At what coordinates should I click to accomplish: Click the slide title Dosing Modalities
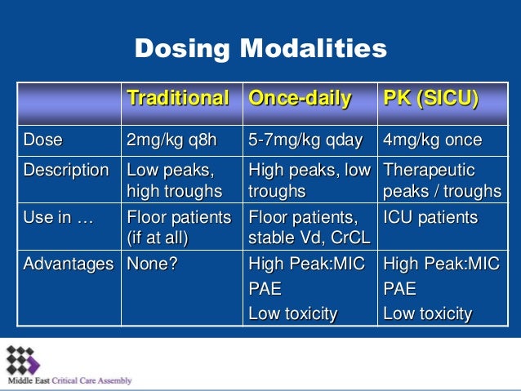pyautogui.click(x=260, y=49)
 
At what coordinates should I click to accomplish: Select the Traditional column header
pyautogui.click(x=177, y=100)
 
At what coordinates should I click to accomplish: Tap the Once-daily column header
pyautogui.click(x=300, y=100)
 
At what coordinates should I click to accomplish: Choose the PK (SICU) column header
pyautogui.click(x=430, y=100)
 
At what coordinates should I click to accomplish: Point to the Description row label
pyautogui.click(x=66, y=171)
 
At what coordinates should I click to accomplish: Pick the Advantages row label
pyautogui.click(x=68, y=264)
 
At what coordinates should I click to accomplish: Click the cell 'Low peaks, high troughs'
pyautogui.click(x=174, y=180)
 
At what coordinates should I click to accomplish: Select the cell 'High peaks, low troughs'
pyautogui.click(x=308, y=180)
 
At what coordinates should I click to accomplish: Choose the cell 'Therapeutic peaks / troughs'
pyautogui.click(x=442, y=180)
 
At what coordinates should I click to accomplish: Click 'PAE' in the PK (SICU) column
pyautogui.click(x=399, y=289)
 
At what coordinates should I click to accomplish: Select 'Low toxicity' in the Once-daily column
pyautogui.click(x=292, y=313)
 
